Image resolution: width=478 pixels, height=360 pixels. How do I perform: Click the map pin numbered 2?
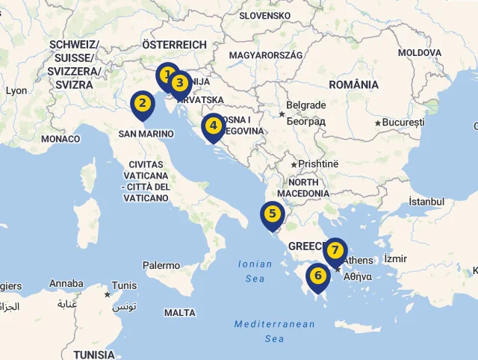[x=143, y=104]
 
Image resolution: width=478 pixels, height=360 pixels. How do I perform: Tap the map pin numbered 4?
[x=213, y=125]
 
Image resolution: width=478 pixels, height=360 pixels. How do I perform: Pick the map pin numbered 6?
[x=318, y=275]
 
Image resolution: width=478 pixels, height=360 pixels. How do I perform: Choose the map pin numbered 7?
[x=335, y=249]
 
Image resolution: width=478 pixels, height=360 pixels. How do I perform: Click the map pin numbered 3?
[x=179, y=83]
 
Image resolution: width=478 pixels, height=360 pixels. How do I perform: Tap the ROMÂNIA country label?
[x=353, y=84]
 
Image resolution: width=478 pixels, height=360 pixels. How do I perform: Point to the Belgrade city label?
[x=306, y=105]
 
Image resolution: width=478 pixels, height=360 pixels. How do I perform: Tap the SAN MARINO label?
[x=146, y=134]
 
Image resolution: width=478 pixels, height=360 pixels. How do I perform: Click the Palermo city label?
[x=161, y=265]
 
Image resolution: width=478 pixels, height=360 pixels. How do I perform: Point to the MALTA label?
[x=180, y=312]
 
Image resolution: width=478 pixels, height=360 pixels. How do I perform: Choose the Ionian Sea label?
[x=255, y=270]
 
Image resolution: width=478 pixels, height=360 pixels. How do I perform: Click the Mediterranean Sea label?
[x=274, y=331]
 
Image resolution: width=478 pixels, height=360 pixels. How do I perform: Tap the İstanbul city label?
[x=426, y=202]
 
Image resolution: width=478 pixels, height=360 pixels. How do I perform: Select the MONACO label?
[x=60, y=139]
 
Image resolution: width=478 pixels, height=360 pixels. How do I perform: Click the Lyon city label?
[x=16, y=90]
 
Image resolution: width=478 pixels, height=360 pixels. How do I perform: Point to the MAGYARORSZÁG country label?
[x=266, y=55]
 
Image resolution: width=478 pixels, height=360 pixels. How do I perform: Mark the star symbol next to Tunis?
[x=108, y=295]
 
